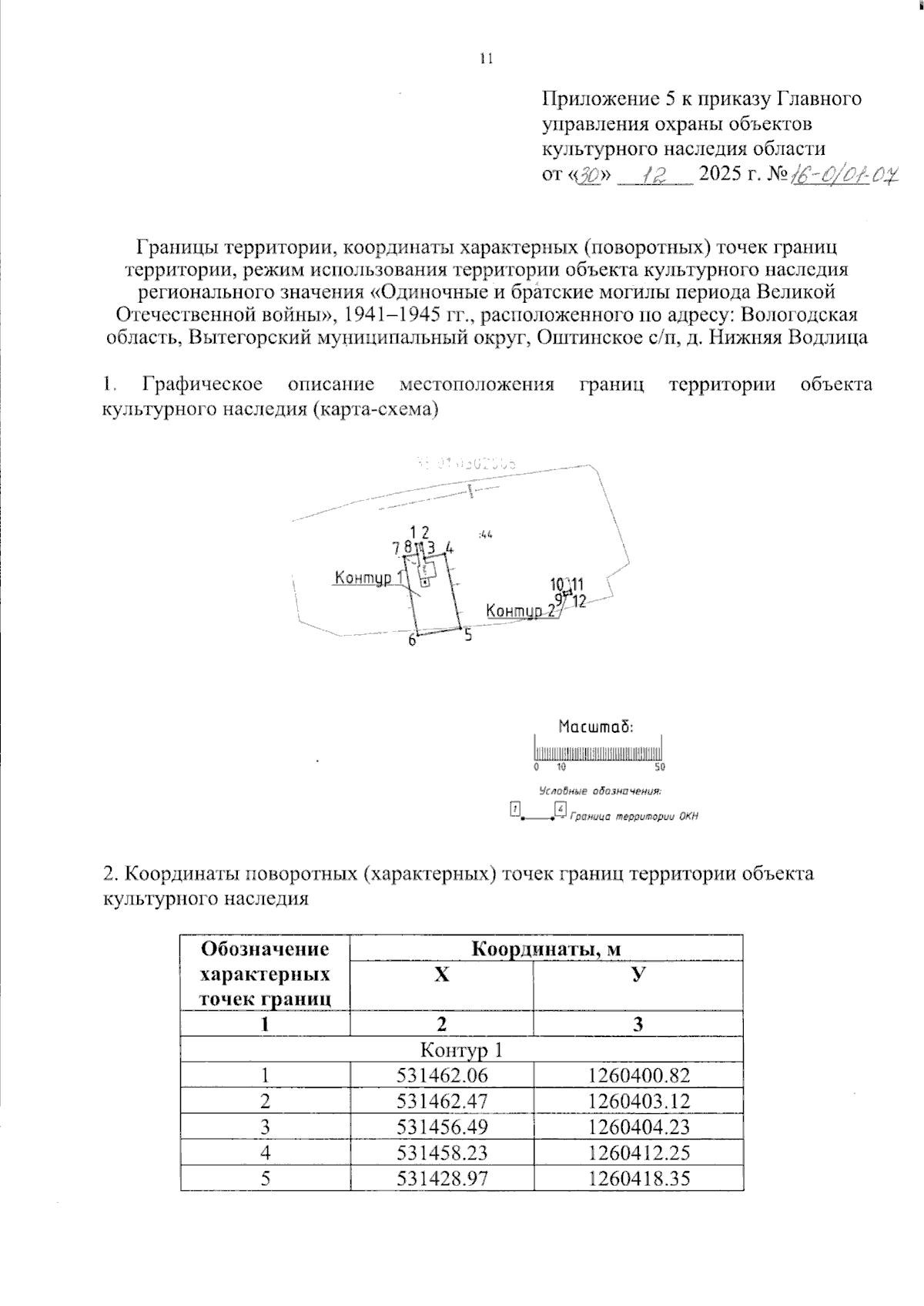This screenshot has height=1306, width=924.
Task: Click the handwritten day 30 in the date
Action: coord(593,176)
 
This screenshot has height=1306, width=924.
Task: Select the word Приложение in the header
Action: coord(598,99)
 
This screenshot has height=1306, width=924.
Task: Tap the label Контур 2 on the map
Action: coord(520,611)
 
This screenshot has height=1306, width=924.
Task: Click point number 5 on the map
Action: coord(467,636)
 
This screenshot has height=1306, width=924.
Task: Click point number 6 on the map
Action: coord(412,640)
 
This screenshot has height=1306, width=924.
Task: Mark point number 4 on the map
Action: coord(449,549)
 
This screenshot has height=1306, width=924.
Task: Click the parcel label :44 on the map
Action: coord(485,534)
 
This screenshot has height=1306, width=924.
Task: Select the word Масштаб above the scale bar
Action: coord(594,726)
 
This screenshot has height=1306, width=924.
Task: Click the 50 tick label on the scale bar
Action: coord(660,767)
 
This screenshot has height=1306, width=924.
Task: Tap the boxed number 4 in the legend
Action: coord(560,808)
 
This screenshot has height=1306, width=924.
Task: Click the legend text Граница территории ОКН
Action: coord(633,818)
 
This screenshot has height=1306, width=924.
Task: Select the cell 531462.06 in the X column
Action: coord(441,1076)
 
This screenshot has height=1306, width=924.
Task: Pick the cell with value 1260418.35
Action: coord(638,1178)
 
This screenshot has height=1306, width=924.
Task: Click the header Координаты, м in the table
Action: coord(546,948)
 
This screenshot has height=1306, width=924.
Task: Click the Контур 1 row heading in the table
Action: coord(462,1050)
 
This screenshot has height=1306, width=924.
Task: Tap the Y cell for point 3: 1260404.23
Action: coord(638,1127)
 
